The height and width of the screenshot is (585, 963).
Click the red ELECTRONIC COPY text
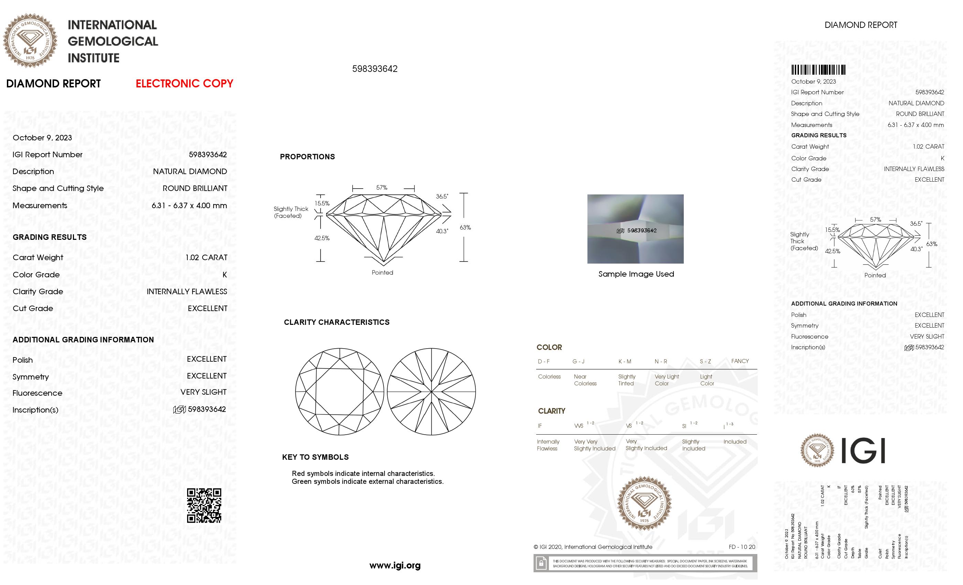(184, 83)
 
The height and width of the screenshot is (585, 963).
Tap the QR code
(204, 505)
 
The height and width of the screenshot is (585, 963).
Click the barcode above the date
(818, 70)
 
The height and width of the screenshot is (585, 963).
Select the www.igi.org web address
(395, 565)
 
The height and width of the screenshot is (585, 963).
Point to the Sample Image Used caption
(636, 274)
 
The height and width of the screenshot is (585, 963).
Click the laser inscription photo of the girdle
(635, 229)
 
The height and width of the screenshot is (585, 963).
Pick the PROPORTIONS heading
(307, 157)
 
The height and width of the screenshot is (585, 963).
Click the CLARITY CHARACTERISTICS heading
(336, 322)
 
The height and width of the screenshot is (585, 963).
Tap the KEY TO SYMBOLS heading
(315, 457)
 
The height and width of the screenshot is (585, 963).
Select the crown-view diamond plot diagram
(339, 392)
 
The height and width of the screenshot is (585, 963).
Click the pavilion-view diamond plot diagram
(431, 392)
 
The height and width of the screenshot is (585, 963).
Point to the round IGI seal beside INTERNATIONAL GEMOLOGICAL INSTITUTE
(30, 41)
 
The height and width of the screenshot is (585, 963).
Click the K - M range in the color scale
(625, 361)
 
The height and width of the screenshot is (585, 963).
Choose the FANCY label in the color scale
(740, 361)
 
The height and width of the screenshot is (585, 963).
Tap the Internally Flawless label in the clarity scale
(548, 445)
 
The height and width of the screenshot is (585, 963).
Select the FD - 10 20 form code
(742, 547)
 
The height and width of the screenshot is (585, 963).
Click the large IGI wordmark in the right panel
(863, 451)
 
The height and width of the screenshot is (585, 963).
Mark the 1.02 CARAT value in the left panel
(206, 258)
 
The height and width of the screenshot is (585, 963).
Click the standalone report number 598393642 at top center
(375, 69)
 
